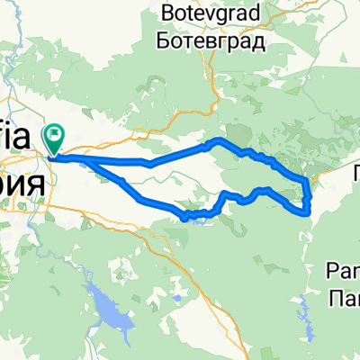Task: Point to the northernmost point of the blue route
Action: coord(216,140)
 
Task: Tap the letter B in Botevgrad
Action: coord(166,13)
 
